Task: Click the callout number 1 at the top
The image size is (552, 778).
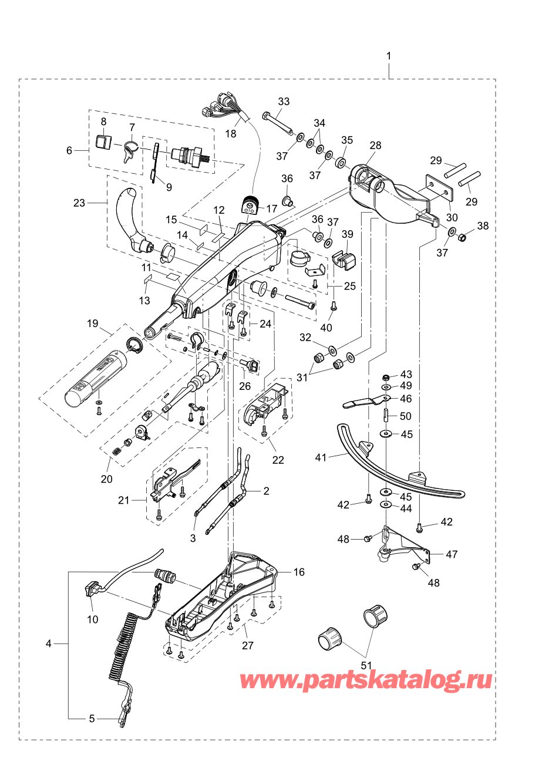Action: tap(389, 56)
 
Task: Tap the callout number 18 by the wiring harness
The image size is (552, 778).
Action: tap(231, 133)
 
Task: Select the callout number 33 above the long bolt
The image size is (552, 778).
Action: tap(284, 102)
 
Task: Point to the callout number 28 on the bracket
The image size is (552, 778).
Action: tap(375, 145)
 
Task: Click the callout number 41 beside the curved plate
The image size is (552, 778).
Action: tap(321, 458)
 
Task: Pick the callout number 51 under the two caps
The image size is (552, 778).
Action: tap(366, 665)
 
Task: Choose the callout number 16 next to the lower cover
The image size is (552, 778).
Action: tap(299, 572)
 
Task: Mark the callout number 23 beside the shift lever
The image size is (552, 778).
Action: tap(79, 203)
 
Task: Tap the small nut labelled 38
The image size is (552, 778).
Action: tap(462, 238)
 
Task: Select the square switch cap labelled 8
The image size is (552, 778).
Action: tap(103, 143)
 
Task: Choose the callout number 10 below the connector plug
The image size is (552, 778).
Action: tap(93, 619)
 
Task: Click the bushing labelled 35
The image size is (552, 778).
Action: tap(341, 162)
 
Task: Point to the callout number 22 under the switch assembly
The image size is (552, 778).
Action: tap(278, 460)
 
